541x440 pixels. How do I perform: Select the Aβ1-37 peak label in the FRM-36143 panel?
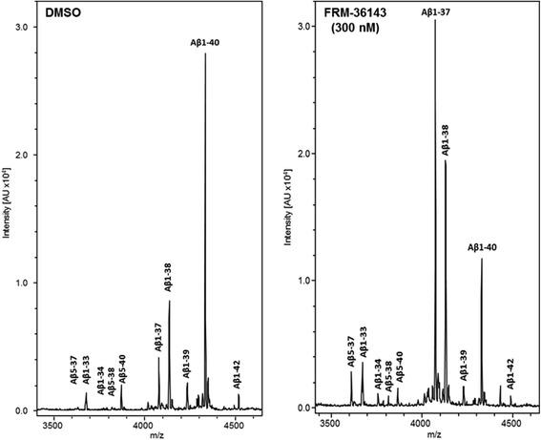coord(437,11)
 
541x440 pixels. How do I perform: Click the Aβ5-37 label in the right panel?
coord(351,351)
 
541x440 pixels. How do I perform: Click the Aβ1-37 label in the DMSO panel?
coord(158,338)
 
